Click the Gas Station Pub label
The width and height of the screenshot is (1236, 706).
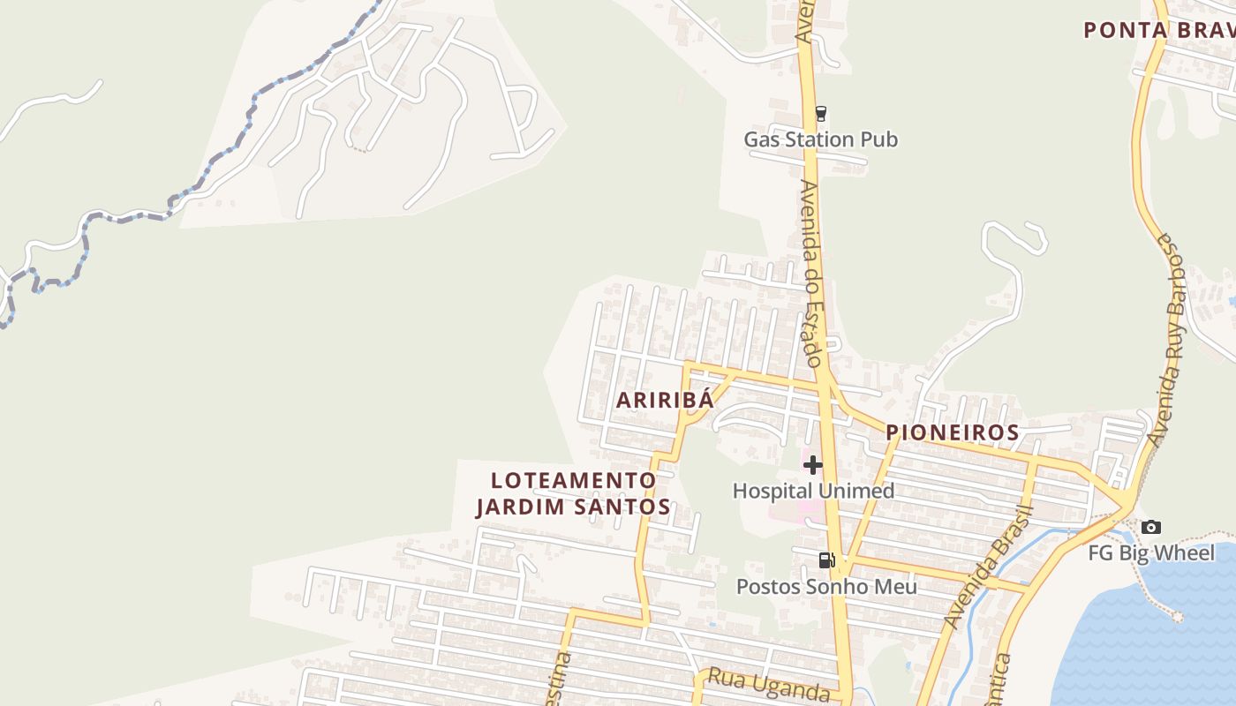820,139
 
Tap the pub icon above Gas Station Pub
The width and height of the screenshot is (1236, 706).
821,113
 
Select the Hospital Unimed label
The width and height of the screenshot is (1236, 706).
813,491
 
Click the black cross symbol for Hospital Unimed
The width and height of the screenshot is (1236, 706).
813,465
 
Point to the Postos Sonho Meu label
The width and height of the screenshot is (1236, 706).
826,587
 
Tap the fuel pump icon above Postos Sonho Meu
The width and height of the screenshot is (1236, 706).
826,560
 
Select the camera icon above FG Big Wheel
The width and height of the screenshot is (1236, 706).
1151,528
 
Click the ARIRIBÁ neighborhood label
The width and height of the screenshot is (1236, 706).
664,400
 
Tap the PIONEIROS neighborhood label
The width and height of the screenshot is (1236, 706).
953,432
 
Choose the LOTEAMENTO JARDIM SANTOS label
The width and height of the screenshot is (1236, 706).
573,493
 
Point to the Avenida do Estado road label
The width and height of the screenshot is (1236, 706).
812,274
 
